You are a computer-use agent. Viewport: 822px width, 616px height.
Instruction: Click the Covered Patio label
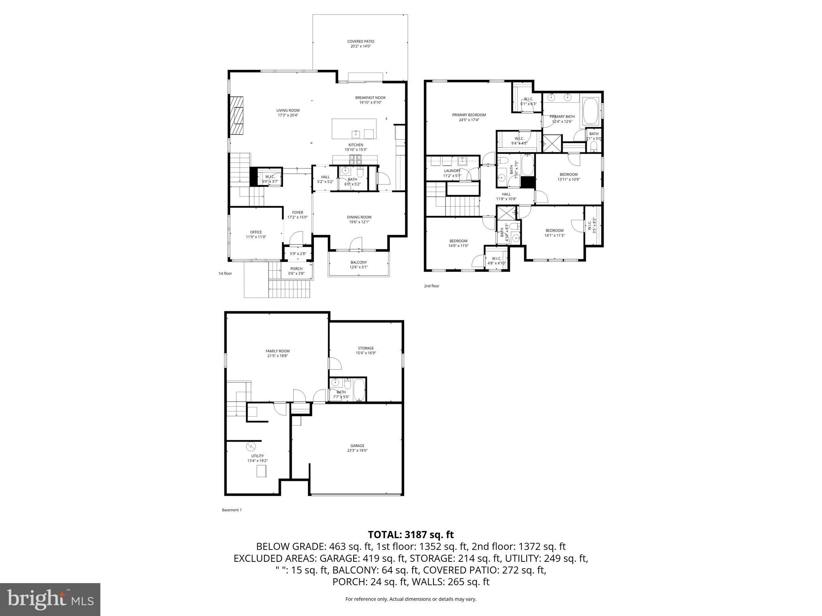360,41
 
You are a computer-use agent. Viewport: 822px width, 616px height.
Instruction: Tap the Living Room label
288,110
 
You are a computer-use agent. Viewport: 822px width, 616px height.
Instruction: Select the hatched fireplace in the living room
236,116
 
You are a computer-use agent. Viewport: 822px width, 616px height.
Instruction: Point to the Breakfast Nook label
370,97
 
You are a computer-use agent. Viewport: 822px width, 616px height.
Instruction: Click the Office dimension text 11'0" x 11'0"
256,237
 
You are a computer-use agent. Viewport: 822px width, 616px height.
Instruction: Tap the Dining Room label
359,217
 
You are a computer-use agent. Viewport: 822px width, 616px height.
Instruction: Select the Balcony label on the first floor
358,262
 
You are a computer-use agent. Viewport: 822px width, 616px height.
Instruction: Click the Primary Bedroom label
469,115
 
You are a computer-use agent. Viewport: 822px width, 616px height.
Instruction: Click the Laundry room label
452,170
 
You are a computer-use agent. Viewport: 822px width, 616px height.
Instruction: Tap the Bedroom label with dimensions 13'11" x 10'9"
568,174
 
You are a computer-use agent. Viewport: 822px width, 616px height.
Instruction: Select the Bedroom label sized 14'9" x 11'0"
458,241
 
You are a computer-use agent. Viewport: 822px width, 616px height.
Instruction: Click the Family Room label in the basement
277,351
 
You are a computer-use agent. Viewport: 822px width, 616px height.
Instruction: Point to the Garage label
357,446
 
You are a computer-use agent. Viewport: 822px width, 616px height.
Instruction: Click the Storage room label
366,348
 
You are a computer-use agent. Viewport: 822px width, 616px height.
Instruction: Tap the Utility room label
257,456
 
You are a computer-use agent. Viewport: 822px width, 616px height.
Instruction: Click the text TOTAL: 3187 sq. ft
411,535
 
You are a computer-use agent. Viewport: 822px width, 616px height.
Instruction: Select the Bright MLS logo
50,599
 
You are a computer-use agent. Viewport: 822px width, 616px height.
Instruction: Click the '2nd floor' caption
431,286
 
